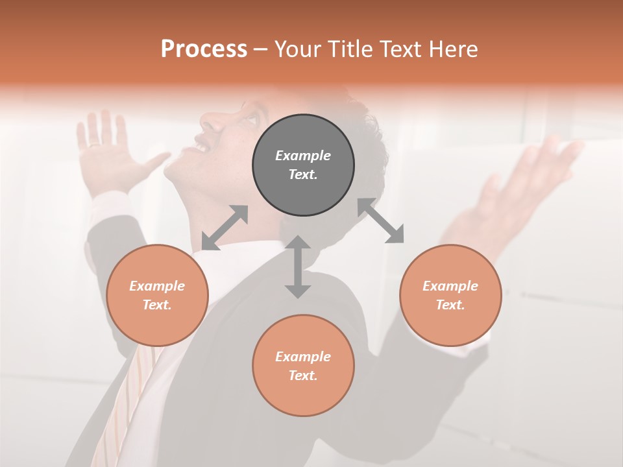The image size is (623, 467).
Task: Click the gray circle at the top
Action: click(303, 165)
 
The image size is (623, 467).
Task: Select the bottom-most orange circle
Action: click(303, 365)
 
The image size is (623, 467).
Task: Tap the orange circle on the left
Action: click(157, 295)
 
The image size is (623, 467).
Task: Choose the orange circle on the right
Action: click(450, 295)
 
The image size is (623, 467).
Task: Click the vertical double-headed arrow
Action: click(298, 267)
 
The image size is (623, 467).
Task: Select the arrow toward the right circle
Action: click(381, 221)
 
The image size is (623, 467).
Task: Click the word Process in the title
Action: click(204, 49)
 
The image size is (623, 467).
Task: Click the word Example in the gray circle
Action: click(303, 156)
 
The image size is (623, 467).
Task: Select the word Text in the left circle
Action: click(157, 305)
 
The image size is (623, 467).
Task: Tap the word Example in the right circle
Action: click(450, 286)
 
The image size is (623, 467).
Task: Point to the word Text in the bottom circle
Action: click(303, 376)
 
